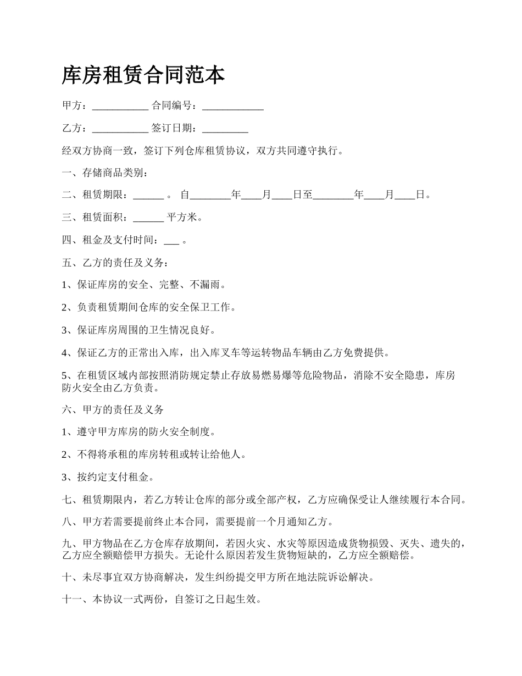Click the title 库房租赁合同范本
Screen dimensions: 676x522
143,75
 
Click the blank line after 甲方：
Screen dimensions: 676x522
120,107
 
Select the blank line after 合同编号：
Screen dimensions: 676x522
233,107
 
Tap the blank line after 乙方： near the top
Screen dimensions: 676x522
120,130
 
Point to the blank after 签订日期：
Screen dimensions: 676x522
225,130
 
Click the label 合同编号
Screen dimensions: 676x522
171,106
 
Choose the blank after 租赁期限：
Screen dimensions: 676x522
148,196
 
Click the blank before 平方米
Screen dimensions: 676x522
148,218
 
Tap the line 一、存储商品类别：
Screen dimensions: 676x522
104,173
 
